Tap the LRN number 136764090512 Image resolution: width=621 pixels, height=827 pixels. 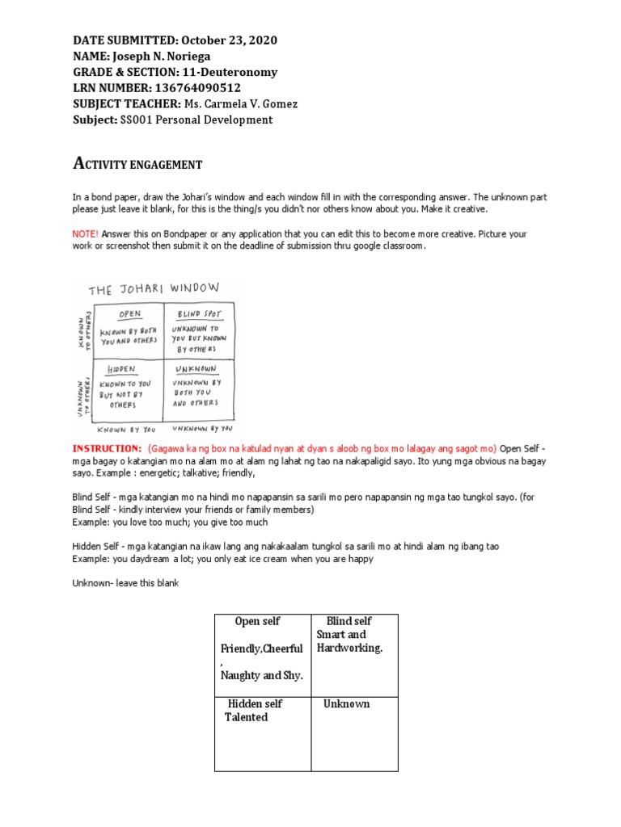[197, 87]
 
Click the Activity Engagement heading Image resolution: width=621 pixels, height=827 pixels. [137, 164]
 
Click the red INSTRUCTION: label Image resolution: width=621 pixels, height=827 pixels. [108, 448]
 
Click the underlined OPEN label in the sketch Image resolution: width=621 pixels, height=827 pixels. [129, 314]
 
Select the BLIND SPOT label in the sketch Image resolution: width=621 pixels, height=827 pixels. [194, 312]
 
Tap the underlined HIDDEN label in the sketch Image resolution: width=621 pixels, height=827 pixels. [121, 369]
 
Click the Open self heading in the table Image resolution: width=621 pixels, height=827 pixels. [257, 621]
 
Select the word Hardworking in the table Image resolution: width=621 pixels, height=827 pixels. [349, 648]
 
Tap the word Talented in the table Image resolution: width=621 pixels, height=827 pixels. [246, 717]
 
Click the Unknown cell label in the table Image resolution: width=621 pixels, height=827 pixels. [346, 703]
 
